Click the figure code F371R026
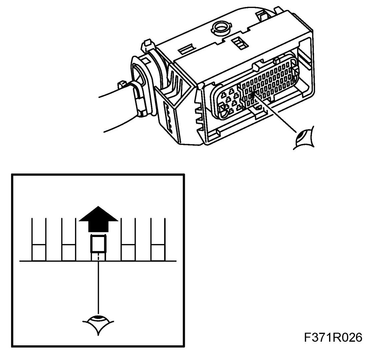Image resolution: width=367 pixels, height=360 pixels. click(333, 337)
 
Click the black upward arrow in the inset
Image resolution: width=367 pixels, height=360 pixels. click(98, 222)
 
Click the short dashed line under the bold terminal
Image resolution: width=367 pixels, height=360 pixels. click(99, 256)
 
